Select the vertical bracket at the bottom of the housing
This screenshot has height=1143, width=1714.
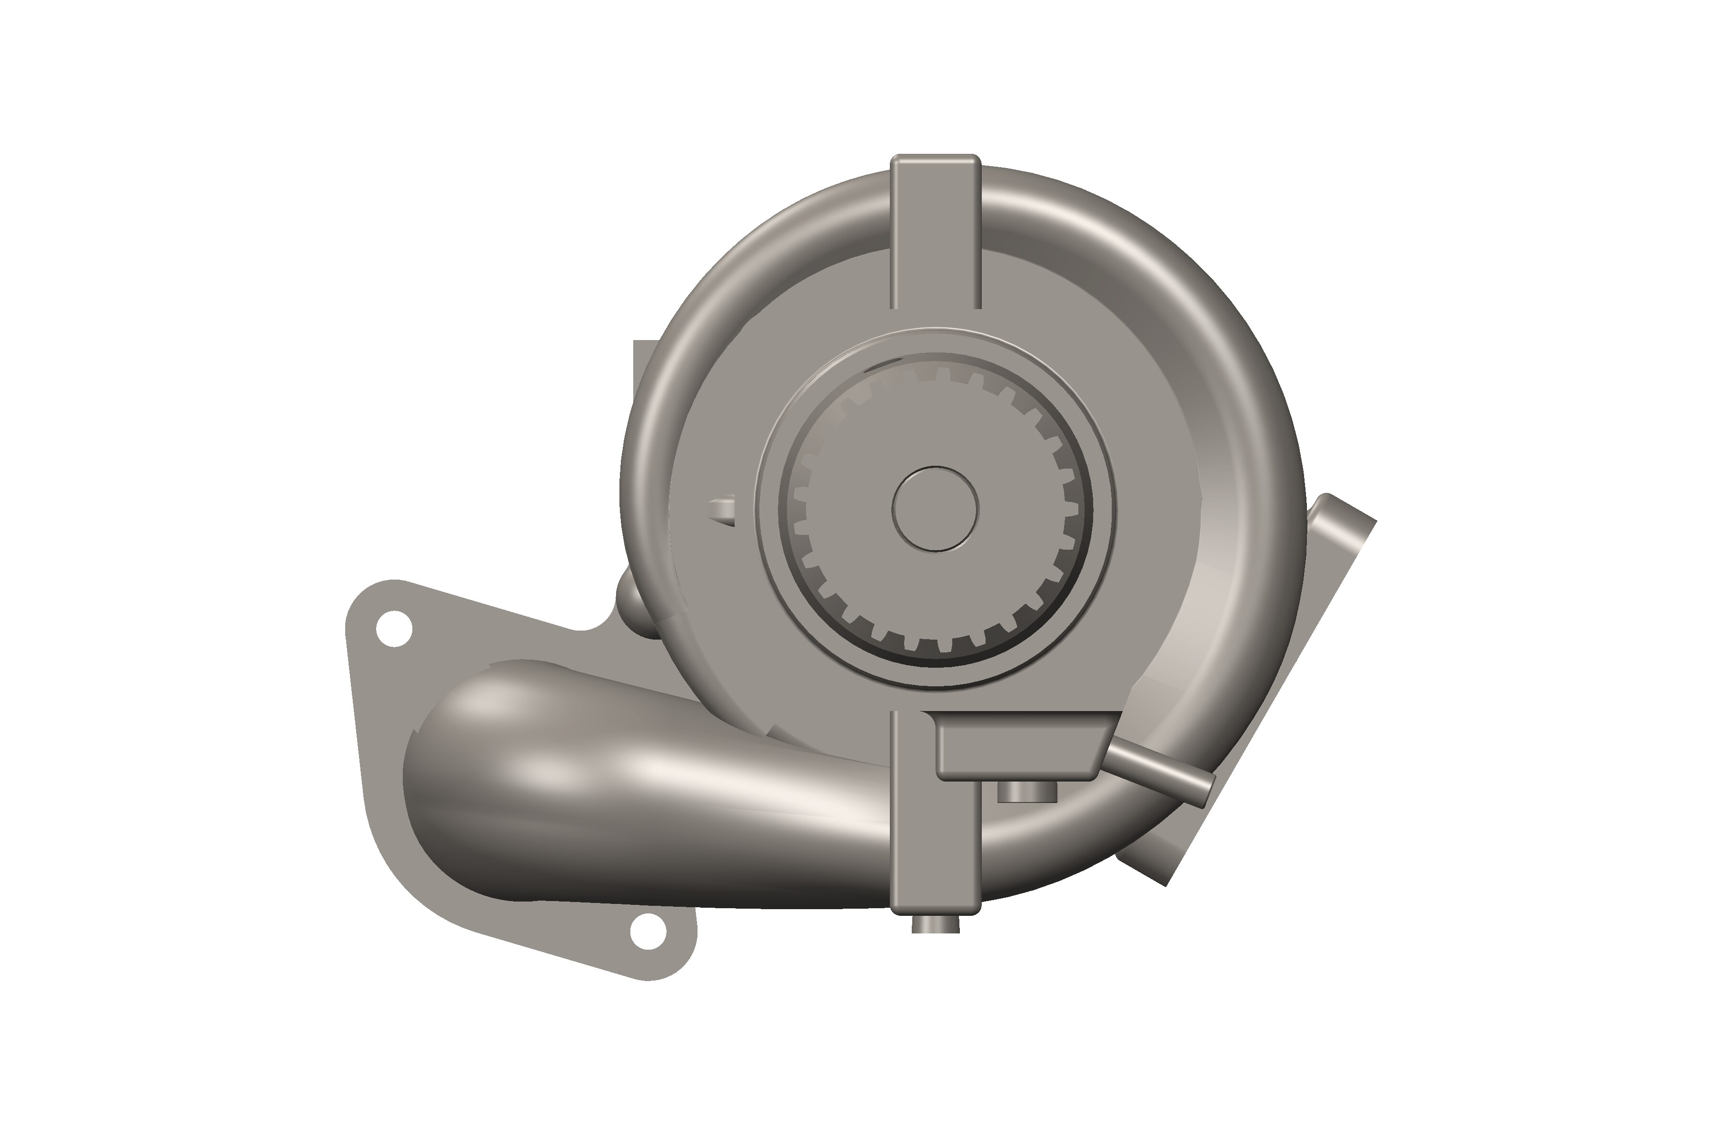tap(935, 838)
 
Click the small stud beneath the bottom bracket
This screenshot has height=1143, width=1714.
tap(936, 924)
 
